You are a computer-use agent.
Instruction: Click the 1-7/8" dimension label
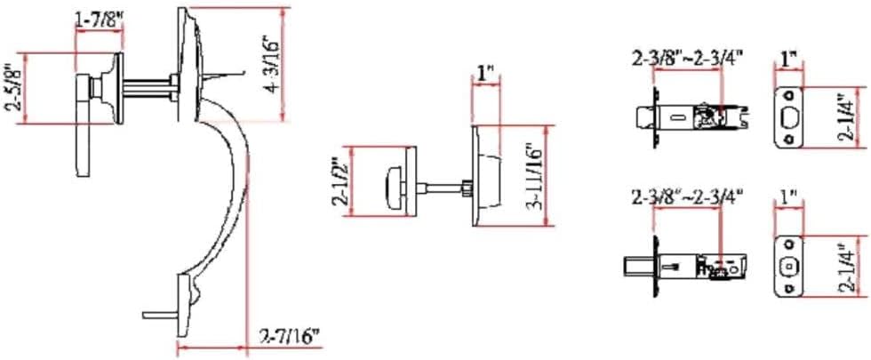click(x=99, y=19)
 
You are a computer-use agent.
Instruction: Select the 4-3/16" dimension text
click(x=274, y=63)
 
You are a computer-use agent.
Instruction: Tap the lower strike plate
click(x=787, y=265)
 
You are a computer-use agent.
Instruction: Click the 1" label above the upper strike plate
click(x=787, y=60)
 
